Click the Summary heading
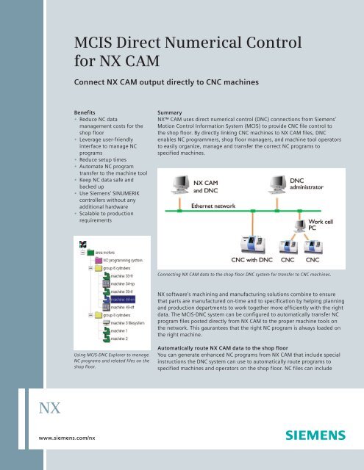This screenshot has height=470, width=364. [163, 115]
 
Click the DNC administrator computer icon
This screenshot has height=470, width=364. [274, 182]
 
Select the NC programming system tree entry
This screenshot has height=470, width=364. [127, 260]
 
